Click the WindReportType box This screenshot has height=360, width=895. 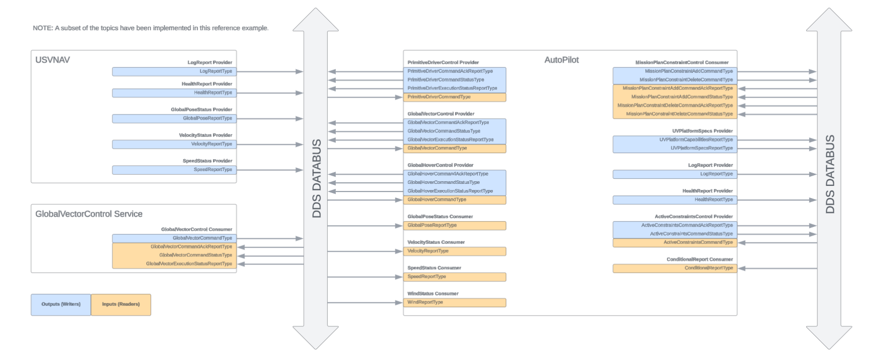click(454, 302)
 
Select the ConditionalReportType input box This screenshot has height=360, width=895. click(675, 268)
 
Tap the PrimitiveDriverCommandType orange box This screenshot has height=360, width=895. click(454, 97)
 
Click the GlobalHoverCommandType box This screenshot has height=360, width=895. click(454, 200)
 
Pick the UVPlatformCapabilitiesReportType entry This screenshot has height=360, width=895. click(675, 140)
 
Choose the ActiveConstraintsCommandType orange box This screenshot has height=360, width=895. click(675, 242)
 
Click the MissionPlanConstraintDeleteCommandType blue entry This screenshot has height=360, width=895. click(675, 80)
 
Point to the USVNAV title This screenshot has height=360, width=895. click(52, 60)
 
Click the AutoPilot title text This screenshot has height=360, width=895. click(561, 60)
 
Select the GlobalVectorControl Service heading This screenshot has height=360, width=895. click(89, 214)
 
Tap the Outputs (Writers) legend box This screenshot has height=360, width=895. click(61, 305)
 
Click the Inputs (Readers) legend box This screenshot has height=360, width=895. click(121, 305)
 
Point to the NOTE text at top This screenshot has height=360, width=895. click(150, 28)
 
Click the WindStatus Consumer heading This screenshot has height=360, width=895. click(433, 294)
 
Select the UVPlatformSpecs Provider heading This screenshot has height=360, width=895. click(702, 131)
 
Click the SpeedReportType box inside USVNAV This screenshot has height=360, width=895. click(174, 170)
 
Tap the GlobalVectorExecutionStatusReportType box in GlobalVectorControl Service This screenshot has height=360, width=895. click(174, 264)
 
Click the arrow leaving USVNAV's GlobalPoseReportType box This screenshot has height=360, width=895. click(270, 119)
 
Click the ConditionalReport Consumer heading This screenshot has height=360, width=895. click(699, 259)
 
